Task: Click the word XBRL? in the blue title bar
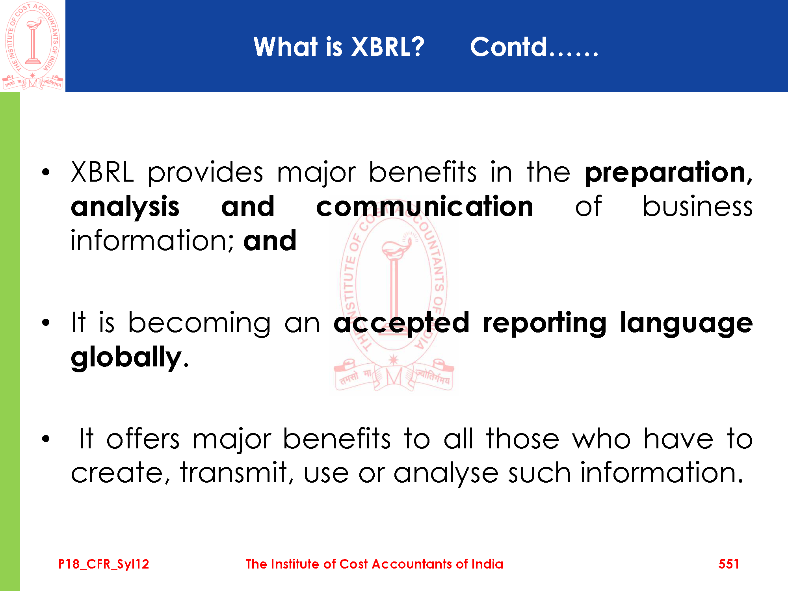387,47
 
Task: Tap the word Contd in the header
509,47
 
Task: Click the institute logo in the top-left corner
33,46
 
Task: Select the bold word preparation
668,173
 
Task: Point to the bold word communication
425,207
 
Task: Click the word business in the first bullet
697,207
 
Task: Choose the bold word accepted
401,323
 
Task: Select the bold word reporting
545,323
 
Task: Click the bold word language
686,323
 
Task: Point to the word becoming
199,323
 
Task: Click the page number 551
729,564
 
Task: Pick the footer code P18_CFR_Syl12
104,564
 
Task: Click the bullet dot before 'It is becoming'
46,323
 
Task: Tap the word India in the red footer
487,564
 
